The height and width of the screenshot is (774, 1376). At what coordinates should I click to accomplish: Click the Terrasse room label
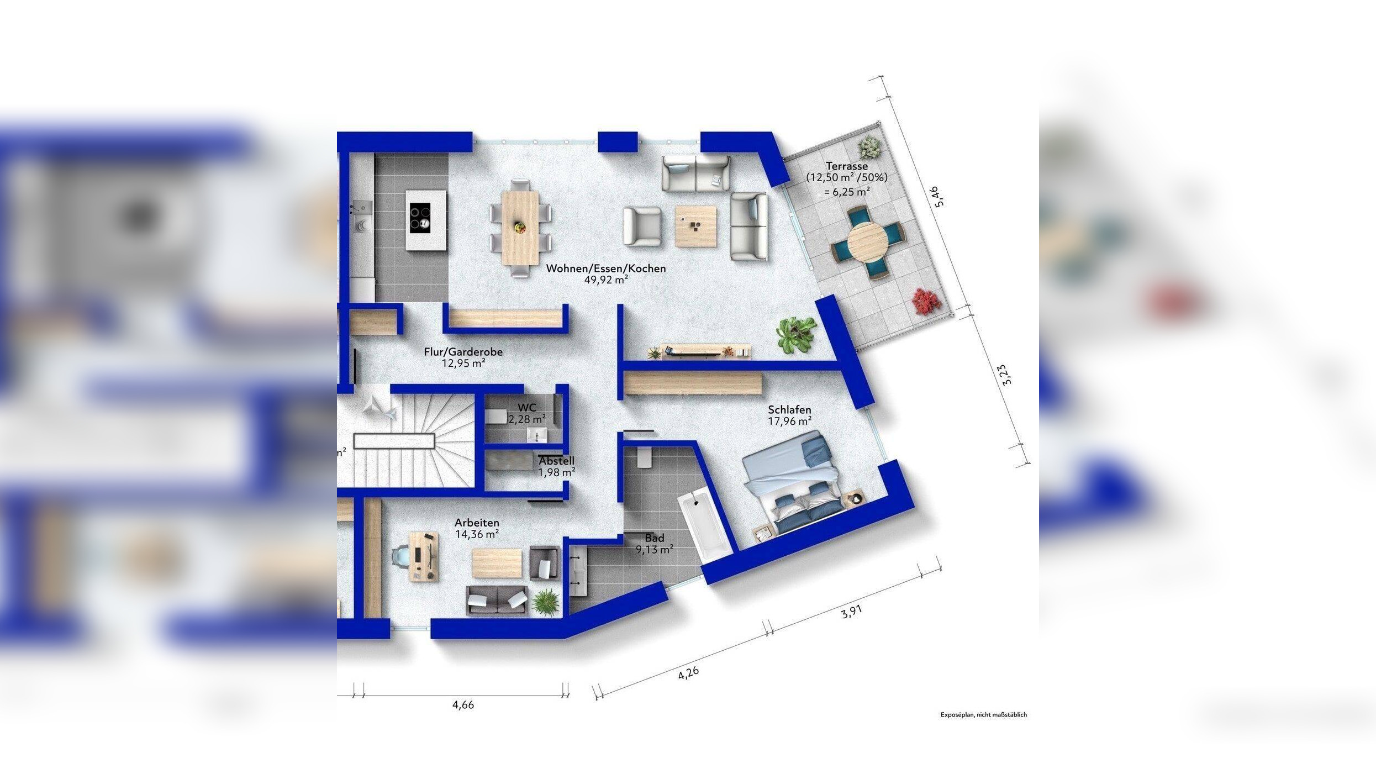[847, 166]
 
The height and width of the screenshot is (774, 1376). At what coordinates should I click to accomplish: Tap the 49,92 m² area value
[606, 280]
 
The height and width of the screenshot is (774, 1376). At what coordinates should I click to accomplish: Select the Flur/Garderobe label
[463, 352]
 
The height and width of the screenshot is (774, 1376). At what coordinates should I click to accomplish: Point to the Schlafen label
[789, 410]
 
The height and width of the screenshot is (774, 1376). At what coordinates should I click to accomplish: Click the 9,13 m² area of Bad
[655, 550]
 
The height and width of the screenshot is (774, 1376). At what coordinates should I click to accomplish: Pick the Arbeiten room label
[477, 523]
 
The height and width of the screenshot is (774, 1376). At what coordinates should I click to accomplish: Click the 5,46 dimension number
[939, 197]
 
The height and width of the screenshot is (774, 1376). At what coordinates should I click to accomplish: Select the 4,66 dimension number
[463, 705]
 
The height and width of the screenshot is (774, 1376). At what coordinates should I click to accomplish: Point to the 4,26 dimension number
[688, 673]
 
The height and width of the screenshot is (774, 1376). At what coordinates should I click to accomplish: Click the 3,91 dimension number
[851, 612]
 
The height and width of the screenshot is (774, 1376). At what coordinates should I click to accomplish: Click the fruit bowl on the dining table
[519, 227]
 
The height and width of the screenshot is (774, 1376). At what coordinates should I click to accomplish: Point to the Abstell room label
[557, 461]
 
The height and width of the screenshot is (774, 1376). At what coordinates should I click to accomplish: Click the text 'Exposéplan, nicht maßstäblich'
[984, 715]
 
